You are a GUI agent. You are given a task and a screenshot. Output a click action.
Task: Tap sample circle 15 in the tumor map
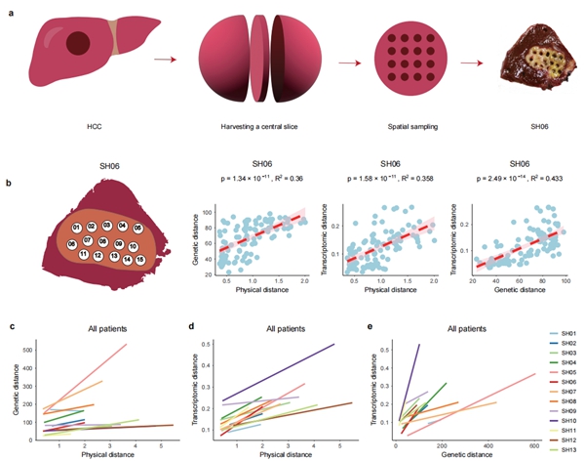141,259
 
